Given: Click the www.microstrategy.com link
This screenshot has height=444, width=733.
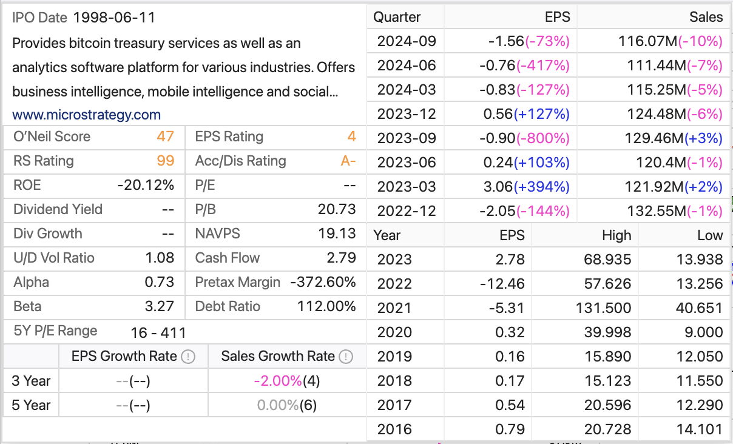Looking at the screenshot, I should click(86, 115).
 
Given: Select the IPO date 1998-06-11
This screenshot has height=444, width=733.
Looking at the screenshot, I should click(114, 18).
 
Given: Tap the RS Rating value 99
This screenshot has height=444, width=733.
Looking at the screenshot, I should click(165, 161).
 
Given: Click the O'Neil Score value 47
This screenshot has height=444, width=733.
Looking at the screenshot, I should click(165, 136).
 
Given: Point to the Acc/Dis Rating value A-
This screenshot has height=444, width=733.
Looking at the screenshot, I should click(348, 161).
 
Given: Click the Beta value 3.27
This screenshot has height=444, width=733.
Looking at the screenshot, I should click(160, 306).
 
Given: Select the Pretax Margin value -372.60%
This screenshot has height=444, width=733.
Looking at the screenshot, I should click(323, 282).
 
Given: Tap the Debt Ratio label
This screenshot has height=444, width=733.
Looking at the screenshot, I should click(228, 306).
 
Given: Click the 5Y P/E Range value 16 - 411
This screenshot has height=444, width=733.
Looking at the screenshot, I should click(158, 332).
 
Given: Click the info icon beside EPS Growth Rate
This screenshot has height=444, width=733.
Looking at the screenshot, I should click(189, 357).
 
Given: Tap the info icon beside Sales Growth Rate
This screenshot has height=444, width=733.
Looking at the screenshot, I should click(346, 357).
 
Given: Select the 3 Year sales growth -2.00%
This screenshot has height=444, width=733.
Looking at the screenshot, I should click(278, 381).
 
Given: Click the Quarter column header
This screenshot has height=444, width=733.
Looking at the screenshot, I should click(397, 17).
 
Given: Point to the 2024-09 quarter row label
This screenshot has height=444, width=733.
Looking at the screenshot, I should click(407, 41).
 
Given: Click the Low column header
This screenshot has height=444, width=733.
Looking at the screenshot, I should click(709, 235).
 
